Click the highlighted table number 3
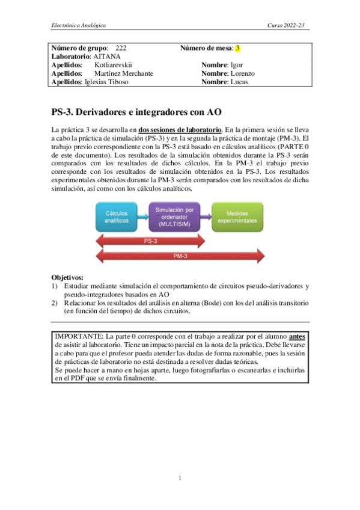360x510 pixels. pyautogui.click(x=237, y=48)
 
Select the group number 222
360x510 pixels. pyautogui.click(x=120, y=48)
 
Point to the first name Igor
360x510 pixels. pyautogui.click(x=237, y=64)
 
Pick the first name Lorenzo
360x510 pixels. pyautogui.click(x=243, y=73)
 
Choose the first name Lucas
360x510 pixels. pyautogui.click(x=239, y=82)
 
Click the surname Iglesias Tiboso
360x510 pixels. pyautogui.click(x=107, y=82)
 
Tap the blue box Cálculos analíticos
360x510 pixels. pyautogui.click(x=120, y=217)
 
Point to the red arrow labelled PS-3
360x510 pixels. pyautogui.click(x=151, y=241)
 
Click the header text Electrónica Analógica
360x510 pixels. pyautogui.click(x=78, y=26)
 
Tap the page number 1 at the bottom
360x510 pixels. pyautogui.click(x=180, y=478)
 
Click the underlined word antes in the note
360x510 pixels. pyautogui.click(x=297, y=336)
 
